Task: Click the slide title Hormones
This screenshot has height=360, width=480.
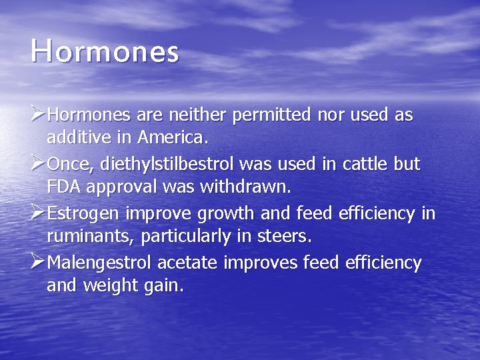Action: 105,52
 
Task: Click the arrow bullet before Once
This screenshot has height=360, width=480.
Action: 39,164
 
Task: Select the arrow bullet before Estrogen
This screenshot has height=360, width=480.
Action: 39,213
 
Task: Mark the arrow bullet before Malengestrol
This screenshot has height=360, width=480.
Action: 39,263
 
